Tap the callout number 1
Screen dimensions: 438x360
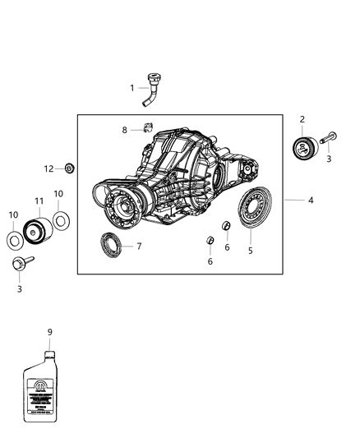(132, 87)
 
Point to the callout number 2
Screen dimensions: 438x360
(302, 120)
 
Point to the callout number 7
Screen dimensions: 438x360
(140, 246)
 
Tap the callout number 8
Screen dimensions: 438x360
(125, 130)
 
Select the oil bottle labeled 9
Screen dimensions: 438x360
(48, 386)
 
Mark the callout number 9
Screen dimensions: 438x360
(49, 331)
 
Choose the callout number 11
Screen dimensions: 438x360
(38, 201)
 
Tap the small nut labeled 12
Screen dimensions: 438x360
(70, 168)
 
